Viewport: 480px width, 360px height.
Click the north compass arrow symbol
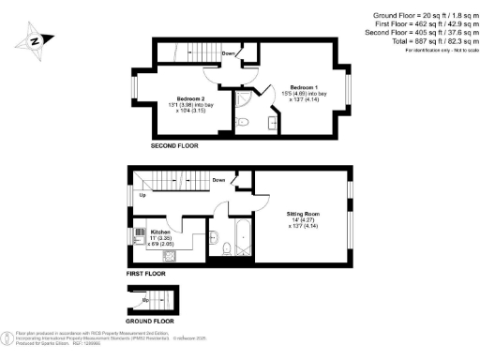34,40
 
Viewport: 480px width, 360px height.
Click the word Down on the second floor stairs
229,53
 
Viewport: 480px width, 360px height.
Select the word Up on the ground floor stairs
145,301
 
